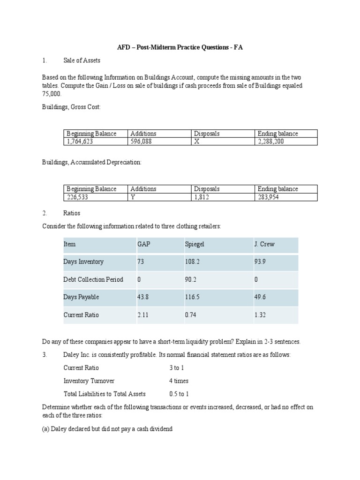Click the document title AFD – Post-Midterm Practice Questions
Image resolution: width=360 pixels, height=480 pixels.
tap(180, 48)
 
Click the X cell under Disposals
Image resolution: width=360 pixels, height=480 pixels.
tap(197, 141)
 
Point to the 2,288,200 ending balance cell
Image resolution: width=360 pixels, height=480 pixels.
tap(270, 141)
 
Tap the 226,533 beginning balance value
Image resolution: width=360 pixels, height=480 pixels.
tap(78, 197)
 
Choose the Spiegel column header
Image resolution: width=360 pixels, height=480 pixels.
tap(195, 244)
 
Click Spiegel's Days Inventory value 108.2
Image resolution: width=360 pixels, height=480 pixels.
tap(192, 262)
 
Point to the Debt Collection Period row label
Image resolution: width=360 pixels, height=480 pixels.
tap(93, 279)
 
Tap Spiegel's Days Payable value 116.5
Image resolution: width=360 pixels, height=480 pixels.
tap(192, 297)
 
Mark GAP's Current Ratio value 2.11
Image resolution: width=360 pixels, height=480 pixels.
tap(142, 315)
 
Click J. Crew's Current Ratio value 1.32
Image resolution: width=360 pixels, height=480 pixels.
tap(260, 315)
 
